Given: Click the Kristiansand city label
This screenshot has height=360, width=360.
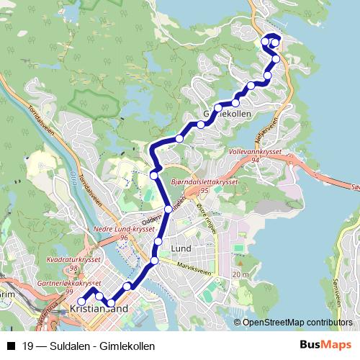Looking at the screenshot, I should click(100, 310).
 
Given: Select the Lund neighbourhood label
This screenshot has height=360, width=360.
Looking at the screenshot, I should click(180, 248).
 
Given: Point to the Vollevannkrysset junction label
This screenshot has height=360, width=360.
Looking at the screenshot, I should click(251, 153).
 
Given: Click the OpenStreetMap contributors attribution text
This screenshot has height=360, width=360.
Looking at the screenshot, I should click(297, 323).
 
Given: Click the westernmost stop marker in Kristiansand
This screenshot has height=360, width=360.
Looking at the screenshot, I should click(81, 302).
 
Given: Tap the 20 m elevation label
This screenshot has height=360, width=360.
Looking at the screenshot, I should click(240, 275).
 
